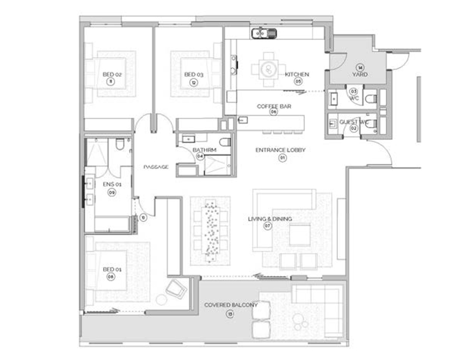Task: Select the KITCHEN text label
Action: [297, 74]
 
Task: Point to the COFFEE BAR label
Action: [273, 106]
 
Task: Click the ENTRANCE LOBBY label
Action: [280, 150]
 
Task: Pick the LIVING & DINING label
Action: [270, 219]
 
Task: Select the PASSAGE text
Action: [156, 167]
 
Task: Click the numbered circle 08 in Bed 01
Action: [111, 277]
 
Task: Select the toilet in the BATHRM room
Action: [225, 142]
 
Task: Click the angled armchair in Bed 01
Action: [176, 289]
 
